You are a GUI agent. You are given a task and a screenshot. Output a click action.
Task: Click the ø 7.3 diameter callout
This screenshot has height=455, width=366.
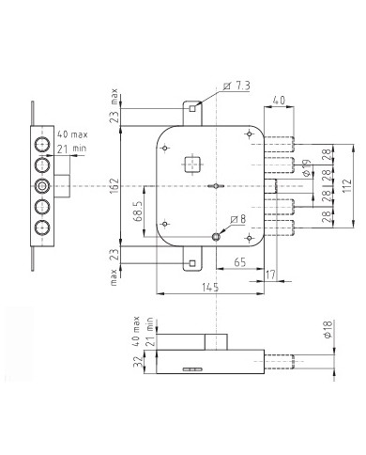[239, 86]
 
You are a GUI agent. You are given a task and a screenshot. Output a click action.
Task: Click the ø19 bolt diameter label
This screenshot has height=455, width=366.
[307, 169]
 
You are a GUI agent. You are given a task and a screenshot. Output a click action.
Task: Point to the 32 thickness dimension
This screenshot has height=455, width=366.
[137, 364]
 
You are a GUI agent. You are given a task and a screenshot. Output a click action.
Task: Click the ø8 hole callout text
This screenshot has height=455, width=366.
[238, 220]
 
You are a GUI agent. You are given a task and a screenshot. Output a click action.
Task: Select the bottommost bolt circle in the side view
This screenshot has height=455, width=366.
[41, 229]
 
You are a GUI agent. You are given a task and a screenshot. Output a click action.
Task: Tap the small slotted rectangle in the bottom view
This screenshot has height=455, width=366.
[191, 369]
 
